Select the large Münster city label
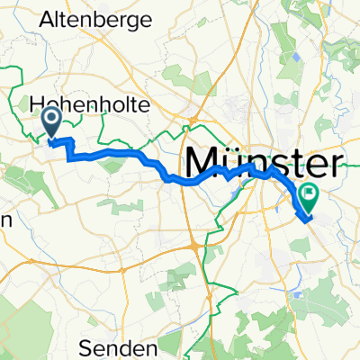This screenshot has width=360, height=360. pyautogui.click(x=265, y=165)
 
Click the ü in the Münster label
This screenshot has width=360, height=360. pyautogui.click(x=231, y=165)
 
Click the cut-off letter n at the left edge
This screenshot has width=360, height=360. pyautogui.click(x=4, y=222)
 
